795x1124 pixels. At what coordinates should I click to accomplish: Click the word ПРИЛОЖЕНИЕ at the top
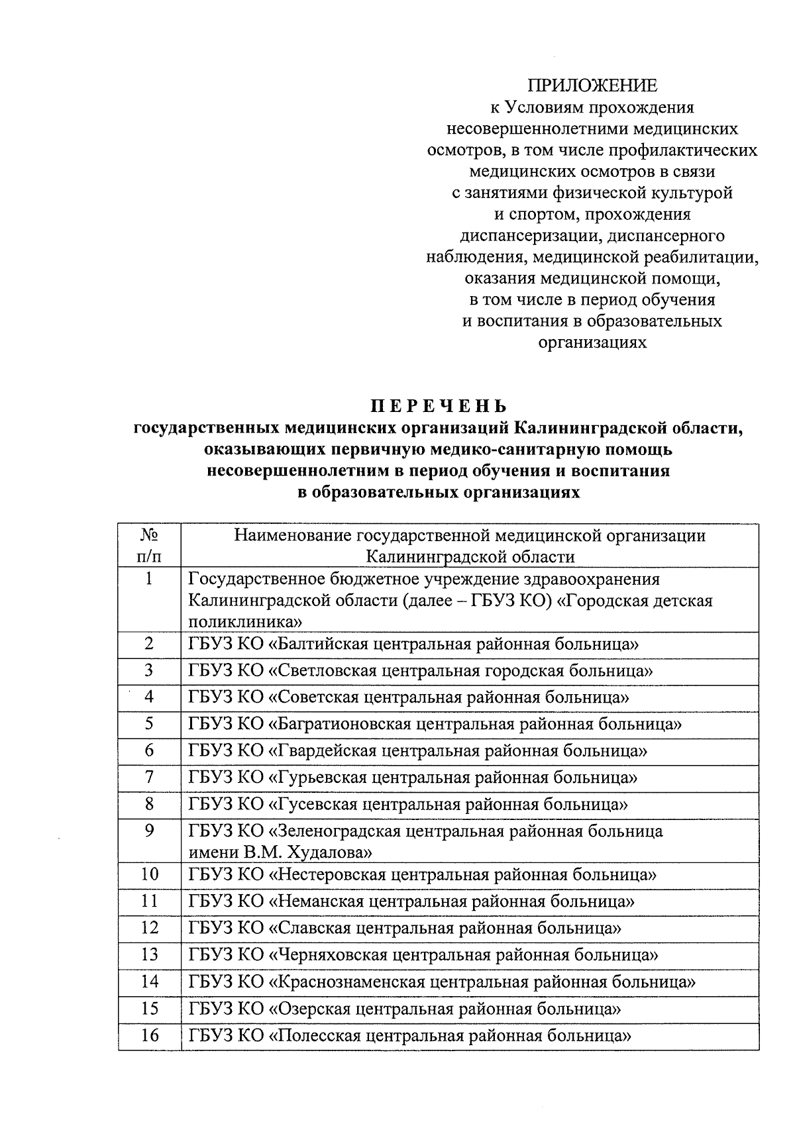pyautogui.click(x=592, y=85)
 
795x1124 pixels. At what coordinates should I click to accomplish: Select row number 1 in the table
pyautogui.click(x=149, y=580)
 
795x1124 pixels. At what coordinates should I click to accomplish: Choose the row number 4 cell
pyautogui.click(x=149, y=697)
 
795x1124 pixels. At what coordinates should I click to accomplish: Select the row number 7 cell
pyautogui.click(x=149, y=777)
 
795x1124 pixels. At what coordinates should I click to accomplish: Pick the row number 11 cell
pyautogui.click(x=150, y=901)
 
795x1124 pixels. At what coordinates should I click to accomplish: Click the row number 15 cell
pyautogui.click(x=150, y=1009)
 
